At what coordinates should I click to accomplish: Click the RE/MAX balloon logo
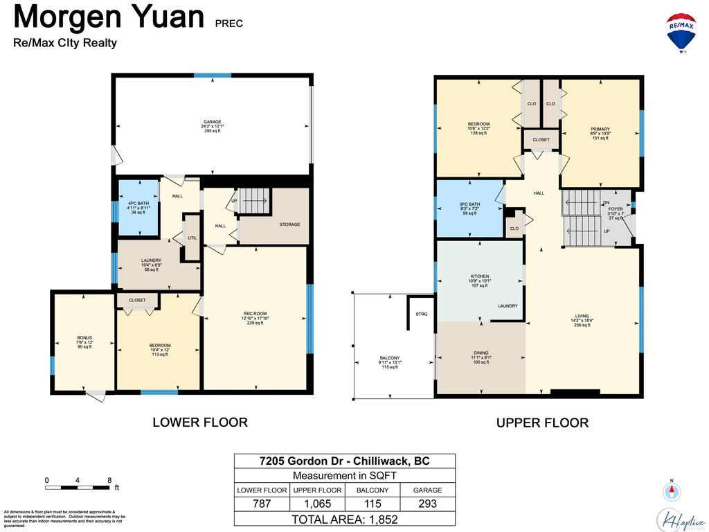pos(681,32)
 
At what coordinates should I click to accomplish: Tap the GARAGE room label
pos(213,122)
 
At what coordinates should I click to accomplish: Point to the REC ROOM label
pos(255,314)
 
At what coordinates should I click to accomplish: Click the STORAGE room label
pos(289,224)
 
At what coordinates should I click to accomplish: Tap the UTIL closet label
pos(192,238)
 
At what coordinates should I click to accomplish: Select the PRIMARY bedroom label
pos(600,130)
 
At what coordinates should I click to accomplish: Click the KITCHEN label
pos(479,276)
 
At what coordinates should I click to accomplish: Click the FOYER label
pos(616,209)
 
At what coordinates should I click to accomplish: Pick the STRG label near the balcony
pos(421,314)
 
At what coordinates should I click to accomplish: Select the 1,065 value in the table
pos(317,504)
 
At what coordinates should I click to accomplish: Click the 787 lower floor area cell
pos(262,504)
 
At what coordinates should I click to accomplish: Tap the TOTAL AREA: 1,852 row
pos(345,518)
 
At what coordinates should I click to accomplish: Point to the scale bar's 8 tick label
pos(109,480)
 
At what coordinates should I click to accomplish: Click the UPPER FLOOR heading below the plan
pos(542,423)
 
